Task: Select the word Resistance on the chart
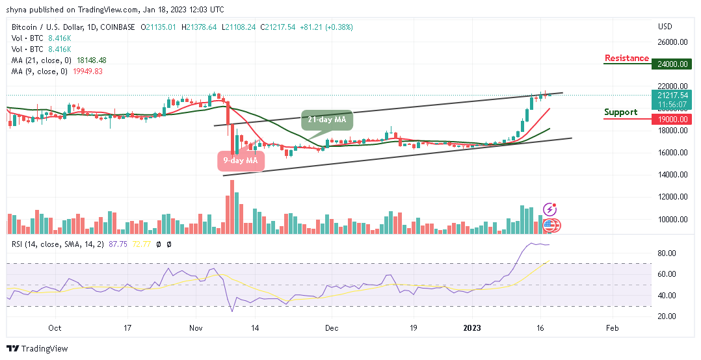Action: point(627,58)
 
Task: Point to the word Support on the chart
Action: point(620,112)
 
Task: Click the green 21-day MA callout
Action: point(326,121)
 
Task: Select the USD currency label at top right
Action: point(665,27)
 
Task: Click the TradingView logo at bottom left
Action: point(37,349)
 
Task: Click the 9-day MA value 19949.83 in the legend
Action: point(91,70)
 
